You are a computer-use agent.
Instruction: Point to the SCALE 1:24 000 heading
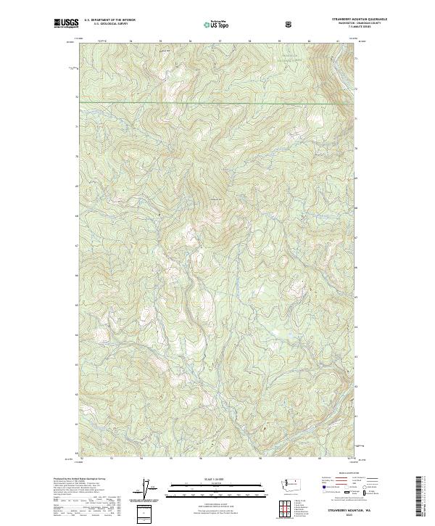199,480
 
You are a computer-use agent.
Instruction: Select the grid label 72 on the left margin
77,96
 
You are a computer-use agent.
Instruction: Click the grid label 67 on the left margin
77,246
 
